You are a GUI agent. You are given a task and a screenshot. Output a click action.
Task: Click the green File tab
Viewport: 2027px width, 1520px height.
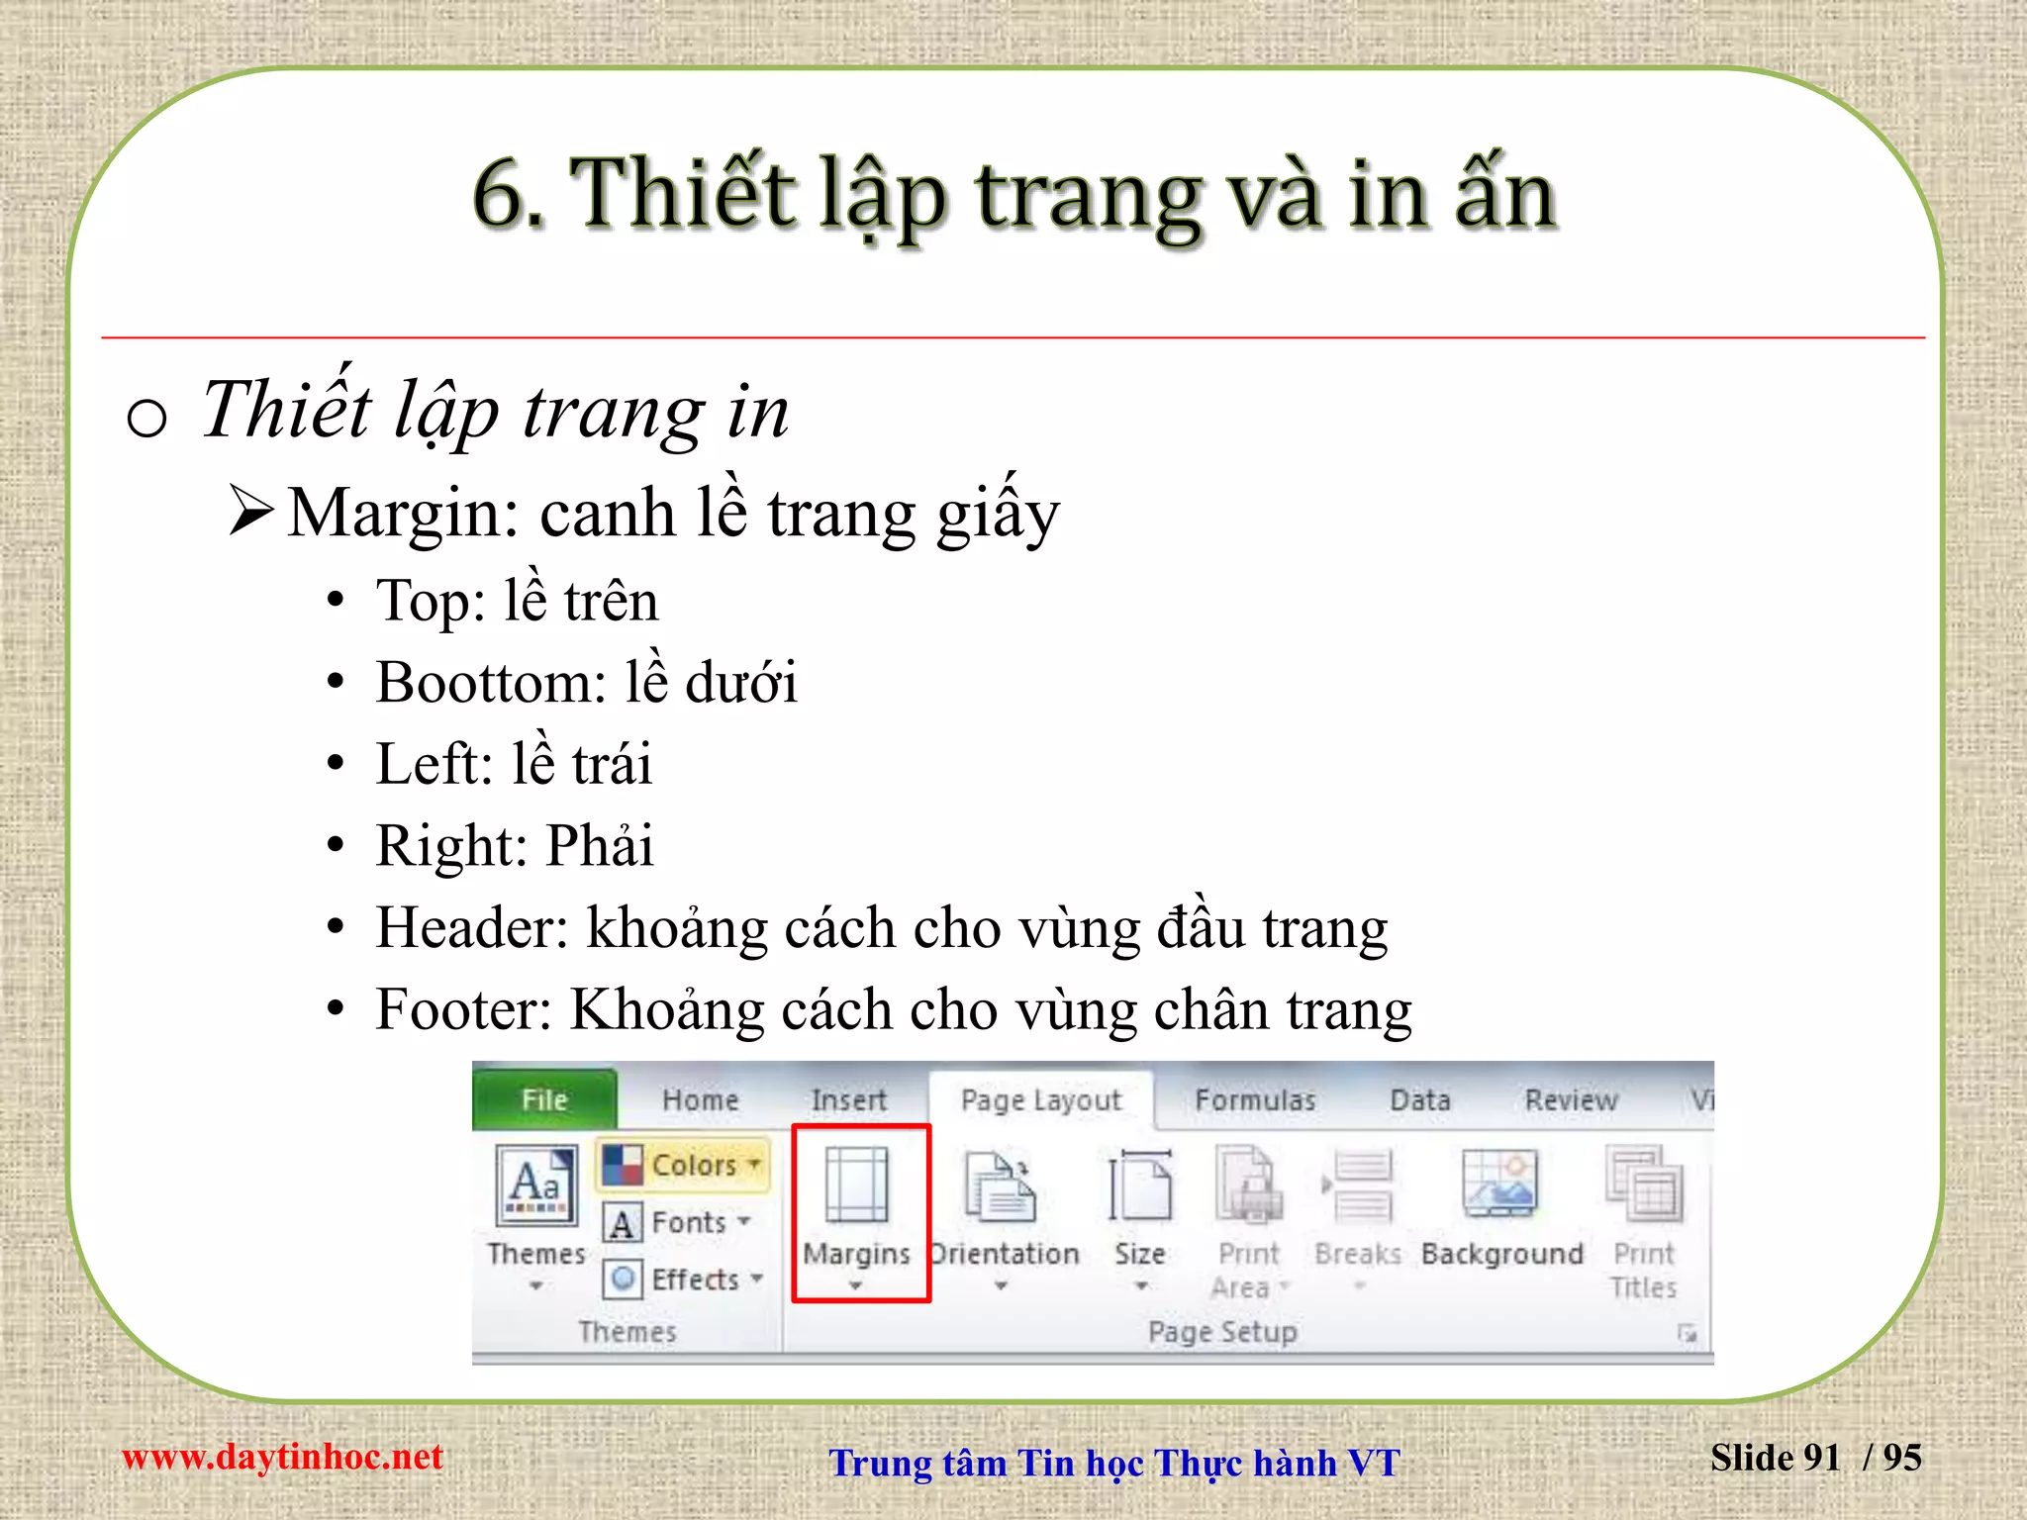[x=544, y=1099]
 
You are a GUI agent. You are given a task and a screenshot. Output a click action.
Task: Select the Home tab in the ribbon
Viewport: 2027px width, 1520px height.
[x=700, y=1099]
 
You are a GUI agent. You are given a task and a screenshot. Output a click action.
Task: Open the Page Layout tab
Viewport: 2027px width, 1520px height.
[x=1040, y=1100]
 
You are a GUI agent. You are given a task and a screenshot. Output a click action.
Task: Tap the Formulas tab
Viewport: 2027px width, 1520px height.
[x=1255, y=1100]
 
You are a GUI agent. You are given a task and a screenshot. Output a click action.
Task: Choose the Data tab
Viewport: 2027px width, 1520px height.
[x=1419, y=1100]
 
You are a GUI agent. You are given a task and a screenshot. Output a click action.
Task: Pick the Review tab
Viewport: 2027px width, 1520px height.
[x=1571, y=1100]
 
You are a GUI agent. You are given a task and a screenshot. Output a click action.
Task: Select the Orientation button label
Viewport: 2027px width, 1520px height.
[x=1005, y=1254]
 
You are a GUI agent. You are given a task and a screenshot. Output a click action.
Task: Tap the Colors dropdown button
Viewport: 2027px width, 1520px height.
[x=684, y=1165]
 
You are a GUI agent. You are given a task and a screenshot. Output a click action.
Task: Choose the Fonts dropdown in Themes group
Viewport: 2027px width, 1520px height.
[x=678, y=1223]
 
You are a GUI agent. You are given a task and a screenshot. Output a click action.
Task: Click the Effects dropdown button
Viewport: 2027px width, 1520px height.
[x=684, y=1280]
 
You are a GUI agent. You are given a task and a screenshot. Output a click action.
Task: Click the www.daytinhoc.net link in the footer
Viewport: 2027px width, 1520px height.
[x=282, y=1457]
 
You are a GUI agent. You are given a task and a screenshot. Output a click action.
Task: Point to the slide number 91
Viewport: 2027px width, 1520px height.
[x=1821, y=1458]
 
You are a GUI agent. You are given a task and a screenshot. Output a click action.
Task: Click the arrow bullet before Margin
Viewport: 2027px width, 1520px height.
[x=250, y=511]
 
